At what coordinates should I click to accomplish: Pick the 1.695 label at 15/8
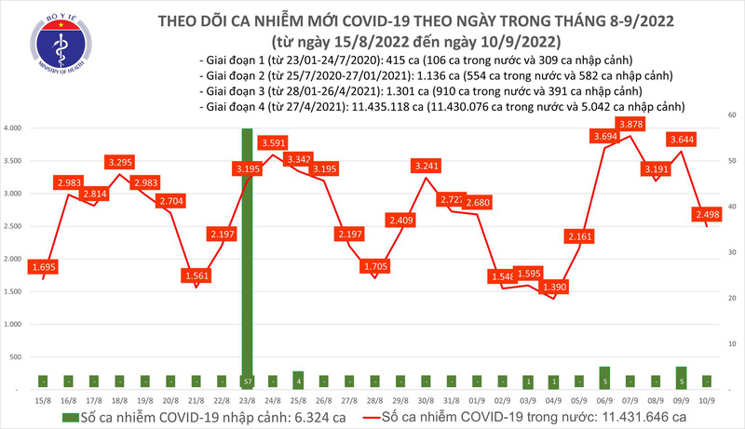click(42, 267)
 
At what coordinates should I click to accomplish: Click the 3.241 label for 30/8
click(426, 167)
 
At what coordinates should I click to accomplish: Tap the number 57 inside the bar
click(247, 382)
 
